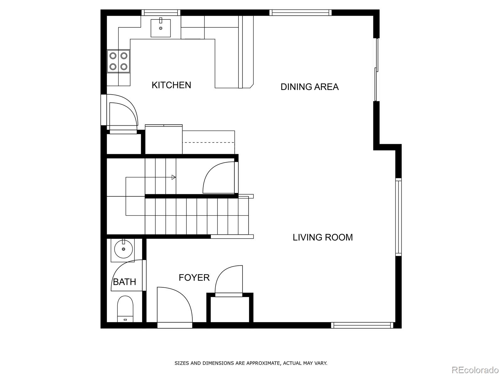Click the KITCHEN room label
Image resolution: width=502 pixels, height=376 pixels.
pos(171,85)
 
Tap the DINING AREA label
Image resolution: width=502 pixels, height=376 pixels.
pos(309,87)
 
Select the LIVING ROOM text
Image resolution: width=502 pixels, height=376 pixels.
pos(323,238)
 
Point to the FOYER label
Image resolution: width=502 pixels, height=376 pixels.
pos(194,278)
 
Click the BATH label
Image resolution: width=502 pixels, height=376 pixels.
pos(124,282)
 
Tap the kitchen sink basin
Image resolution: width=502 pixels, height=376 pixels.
pos(161,28)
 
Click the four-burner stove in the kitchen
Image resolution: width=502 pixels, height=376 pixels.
pos(118,61)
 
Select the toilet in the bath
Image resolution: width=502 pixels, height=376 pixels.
pos(125,309)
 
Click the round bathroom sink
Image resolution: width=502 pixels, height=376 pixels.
pos(123,249)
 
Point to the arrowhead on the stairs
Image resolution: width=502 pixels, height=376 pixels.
pos(174,177)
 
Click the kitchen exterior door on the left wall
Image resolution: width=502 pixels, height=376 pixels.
pos(122,111)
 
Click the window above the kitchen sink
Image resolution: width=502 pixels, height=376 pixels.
pos(161,13)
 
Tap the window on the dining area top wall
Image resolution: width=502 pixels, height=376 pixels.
pos(300,13)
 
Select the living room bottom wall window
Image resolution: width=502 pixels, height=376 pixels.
pos(362,325)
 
